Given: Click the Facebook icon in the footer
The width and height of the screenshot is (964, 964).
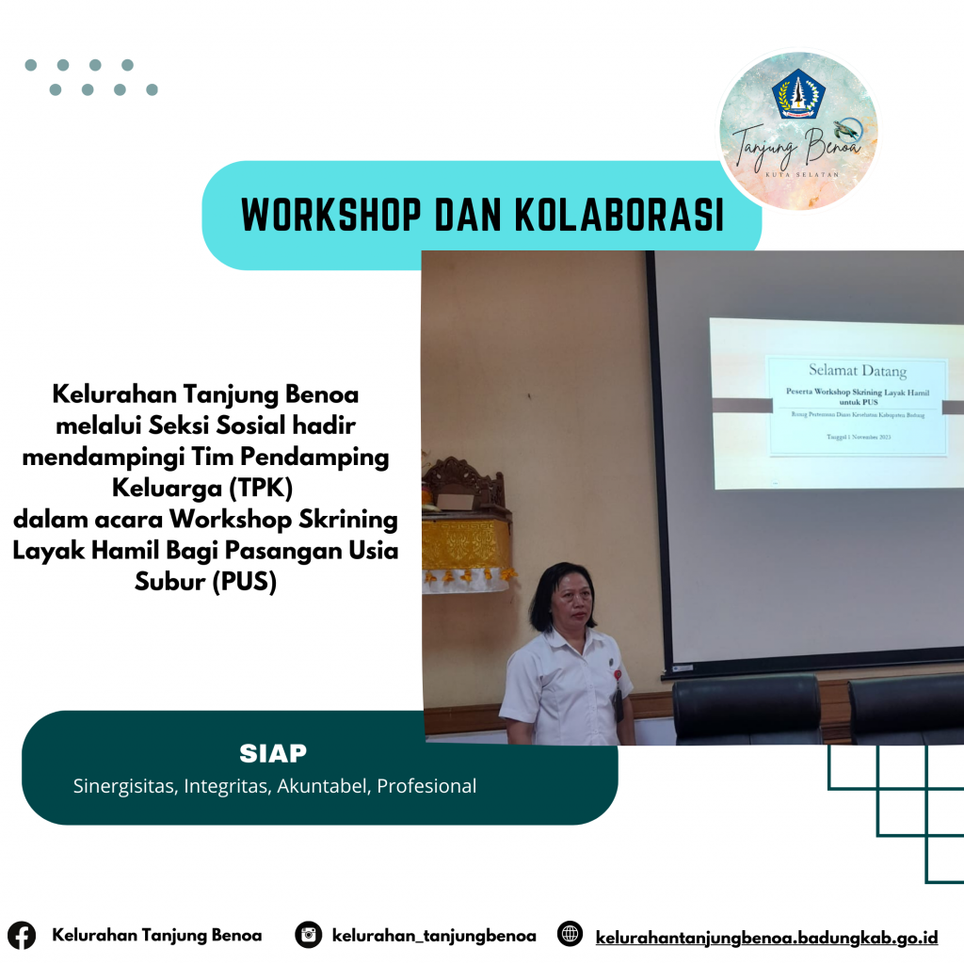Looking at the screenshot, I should coord(22,936).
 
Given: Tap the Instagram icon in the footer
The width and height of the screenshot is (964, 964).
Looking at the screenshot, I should coord(308,935).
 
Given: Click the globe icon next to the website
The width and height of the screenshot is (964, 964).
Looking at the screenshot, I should coord(570,935).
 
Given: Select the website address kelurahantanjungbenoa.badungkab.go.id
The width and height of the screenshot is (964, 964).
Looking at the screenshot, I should coord(766,937).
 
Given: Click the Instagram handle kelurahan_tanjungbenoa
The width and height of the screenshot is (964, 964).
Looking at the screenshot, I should coord(434,936).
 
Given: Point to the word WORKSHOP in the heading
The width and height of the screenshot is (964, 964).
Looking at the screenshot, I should coord(329,216).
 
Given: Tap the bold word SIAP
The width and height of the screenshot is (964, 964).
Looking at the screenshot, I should coord(273,754).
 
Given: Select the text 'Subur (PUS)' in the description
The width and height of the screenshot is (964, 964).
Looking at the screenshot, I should coord(205,582).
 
